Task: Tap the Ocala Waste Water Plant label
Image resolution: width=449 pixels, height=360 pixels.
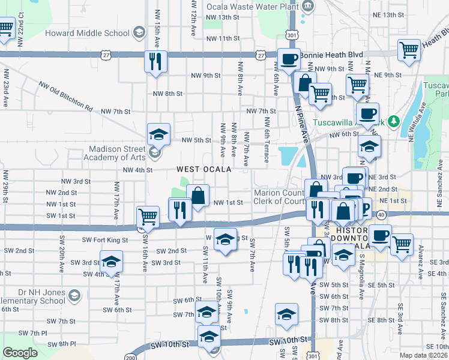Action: click(253, 7)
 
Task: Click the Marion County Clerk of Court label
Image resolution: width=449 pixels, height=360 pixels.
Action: click(280, 197)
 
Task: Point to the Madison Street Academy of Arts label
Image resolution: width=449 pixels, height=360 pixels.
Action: click(109, 153)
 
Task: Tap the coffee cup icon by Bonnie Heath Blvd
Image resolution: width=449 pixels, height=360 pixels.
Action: click(289, 59)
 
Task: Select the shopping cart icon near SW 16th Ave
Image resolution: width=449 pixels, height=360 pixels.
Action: click(148, 217)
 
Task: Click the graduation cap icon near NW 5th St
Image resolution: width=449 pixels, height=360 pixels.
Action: click(159, 134)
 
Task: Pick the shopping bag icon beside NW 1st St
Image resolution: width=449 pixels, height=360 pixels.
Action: click(197, 195)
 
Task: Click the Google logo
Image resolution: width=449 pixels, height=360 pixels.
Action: click(20, 353)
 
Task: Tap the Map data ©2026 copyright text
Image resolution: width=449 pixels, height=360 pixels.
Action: click(423, 355)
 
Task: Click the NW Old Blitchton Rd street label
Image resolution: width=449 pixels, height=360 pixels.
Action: click(66, 97)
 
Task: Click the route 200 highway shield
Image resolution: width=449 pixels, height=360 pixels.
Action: click(130, 357)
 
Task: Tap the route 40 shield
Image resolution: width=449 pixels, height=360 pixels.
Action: click(381, 214)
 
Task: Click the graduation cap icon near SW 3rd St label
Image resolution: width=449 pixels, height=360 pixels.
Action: click(111, 262)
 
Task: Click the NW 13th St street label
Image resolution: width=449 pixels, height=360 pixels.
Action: click(221, 17)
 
